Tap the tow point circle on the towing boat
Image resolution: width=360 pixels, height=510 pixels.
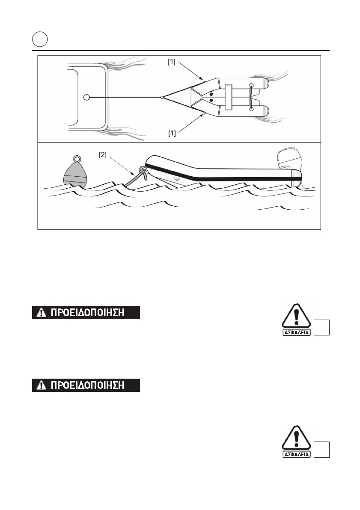click(x=86, y=98)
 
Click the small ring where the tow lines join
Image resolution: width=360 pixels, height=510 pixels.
click(x=161, y=98)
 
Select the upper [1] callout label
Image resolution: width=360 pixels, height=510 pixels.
click(x=172, y=62)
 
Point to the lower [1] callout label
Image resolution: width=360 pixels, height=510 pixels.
click(x=172, y=133)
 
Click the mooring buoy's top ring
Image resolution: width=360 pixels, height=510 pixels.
click(x=77, y=159)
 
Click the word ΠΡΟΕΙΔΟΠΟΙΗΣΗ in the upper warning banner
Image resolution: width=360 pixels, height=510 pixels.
click(x=88, y=313)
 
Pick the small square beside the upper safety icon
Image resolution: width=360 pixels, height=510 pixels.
click(x=323, y=329)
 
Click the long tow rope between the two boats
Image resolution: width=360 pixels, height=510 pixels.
click(x=124, y=98)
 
